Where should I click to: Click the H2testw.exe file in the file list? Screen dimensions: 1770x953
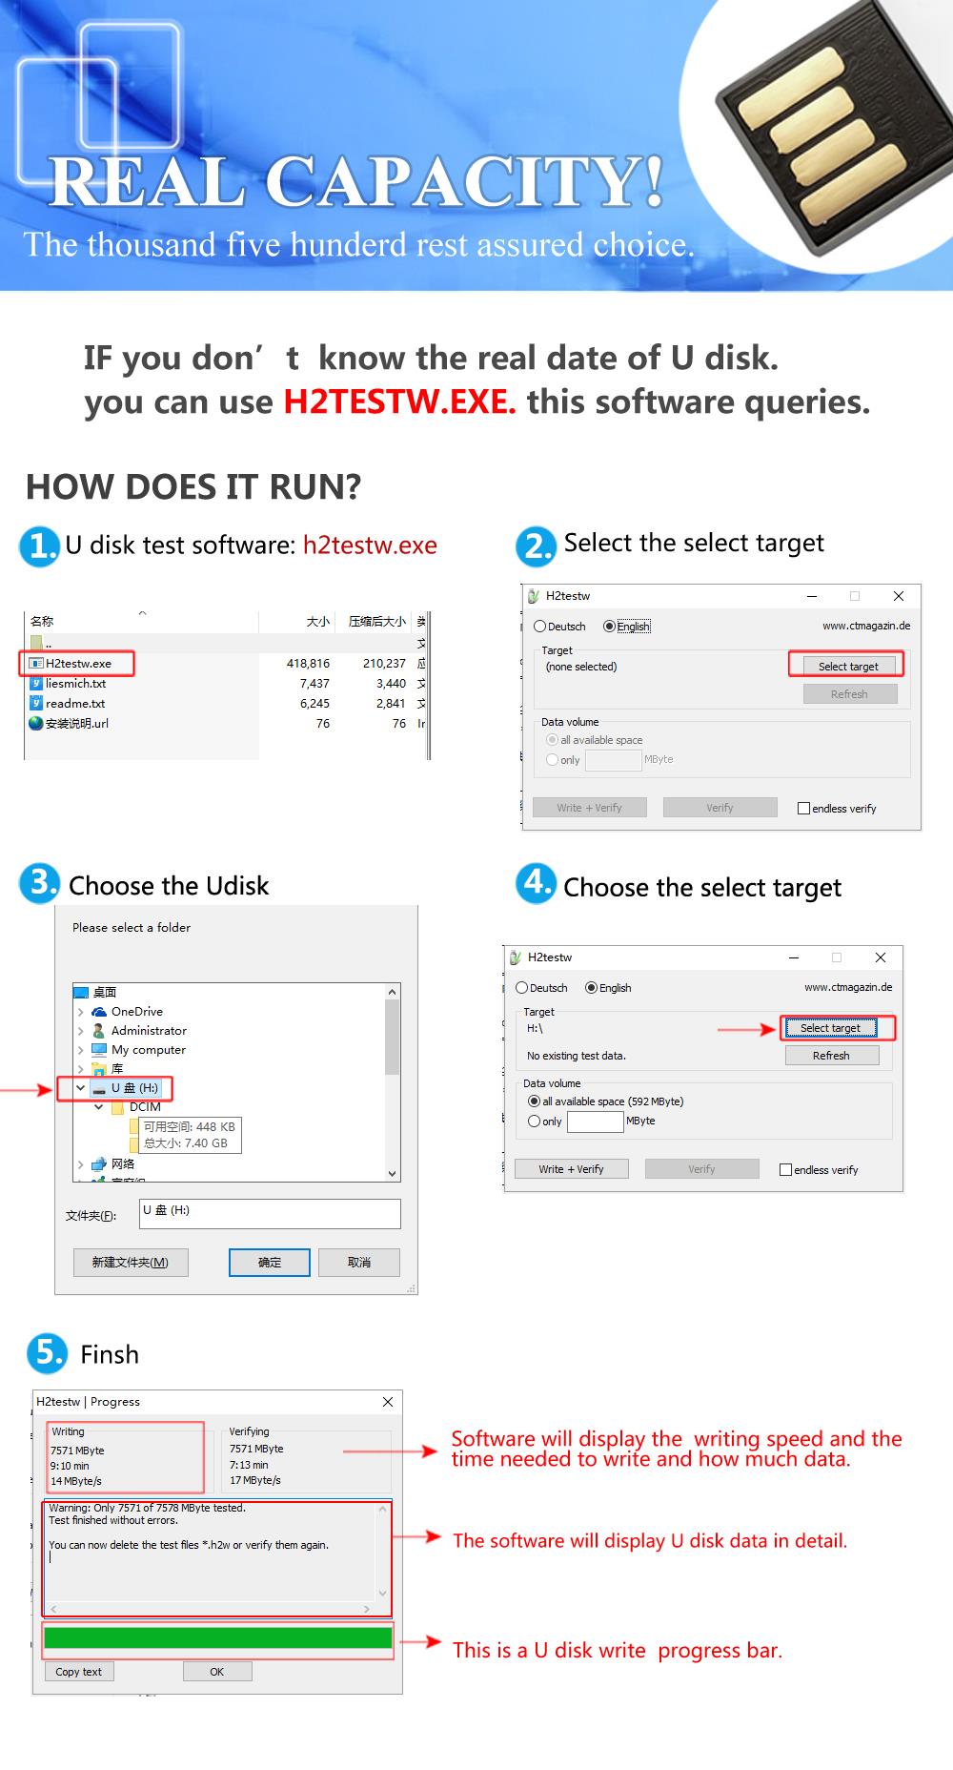coord(78,663)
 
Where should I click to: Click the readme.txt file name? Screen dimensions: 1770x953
coord(75,703)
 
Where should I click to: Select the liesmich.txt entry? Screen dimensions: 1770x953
coord(75,683)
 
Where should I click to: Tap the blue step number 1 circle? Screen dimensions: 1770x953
coord(40,546)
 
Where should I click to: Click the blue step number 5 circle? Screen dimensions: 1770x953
coord(47,1352)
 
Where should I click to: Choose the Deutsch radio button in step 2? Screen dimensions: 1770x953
coord(540,627)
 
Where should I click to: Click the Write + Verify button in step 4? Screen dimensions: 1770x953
coord(571,1169)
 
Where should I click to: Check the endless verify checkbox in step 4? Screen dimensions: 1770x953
coord(786,1170)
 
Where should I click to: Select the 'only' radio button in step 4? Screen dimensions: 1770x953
coord(535,1122)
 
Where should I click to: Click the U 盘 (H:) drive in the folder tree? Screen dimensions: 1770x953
coord(134,1088)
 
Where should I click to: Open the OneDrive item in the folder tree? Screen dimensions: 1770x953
coord(136,1012)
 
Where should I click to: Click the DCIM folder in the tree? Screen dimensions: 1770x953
coord(145,1107)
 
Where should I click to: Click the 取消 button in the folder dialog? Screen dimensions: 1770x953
coord(359,1263)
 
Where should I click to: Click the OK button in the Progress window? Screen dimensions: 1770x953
coord(217,1672)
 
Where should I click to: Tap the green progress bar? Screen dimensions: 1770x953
coord(217,1638)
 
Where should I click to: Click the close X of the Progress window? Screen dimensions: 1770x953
coord(388,1402)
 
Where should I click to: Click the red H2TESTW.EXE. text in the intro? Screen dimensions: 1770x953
coord(399,401)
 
